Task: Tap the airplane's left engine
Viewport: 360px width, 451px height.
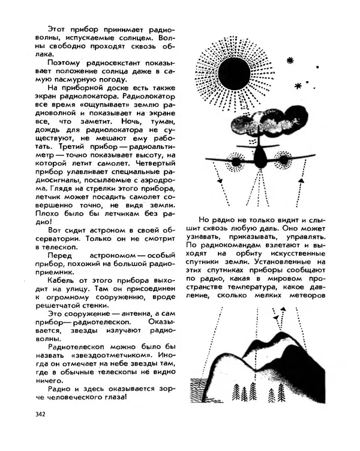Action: point(236,161)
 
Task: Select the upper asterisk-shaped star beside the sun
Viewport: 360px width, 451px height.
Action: point(290,60)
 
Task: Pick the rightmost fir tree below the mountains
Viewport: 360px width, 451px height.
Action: point(281,393)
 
